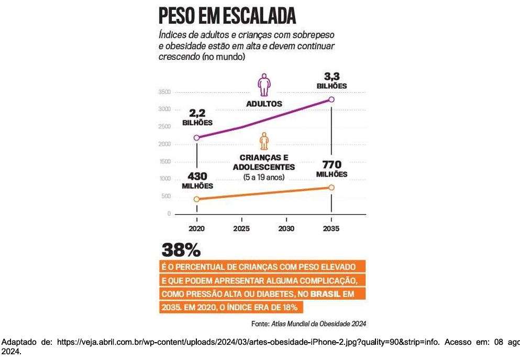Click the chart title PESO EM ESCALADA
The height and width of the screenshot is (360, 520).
(227, 16)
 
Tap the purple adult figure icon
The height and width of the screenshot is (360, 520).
(264, 84)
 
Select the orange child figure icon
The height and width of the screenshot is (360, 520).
(264, 141)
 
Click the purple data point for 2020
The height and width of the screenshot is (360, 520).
(197, 138)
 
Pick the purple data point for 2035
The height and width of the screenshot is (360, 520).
(331, 100)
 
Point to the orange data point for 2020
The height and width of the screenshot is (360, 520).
(197, 199)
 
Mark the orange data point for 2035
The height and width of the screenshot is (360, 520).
(331, 188)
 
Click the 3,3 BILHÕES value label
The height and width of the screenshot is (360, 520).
(331, 80)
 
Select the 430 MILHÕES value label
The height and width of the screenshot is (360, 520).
(197, 180)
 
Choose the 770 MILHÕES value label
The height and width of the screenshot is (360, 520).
(331, 169)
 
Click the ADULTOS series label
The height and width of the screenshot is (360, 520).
(264, 104)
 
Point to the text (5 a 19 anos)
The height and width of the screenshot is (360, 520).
(264, 177)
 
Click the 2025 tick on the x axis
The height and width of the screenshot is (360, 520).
(241, 228)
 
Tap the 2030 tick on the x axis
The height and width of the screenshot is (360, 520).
(286, 228)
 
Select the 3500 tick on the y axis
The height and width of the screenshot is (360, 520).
(164, 92)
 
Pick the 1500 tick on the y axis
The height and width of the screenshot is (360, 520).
(164, 161)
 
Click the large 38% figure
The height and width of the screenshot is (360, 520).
(181, 249)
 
